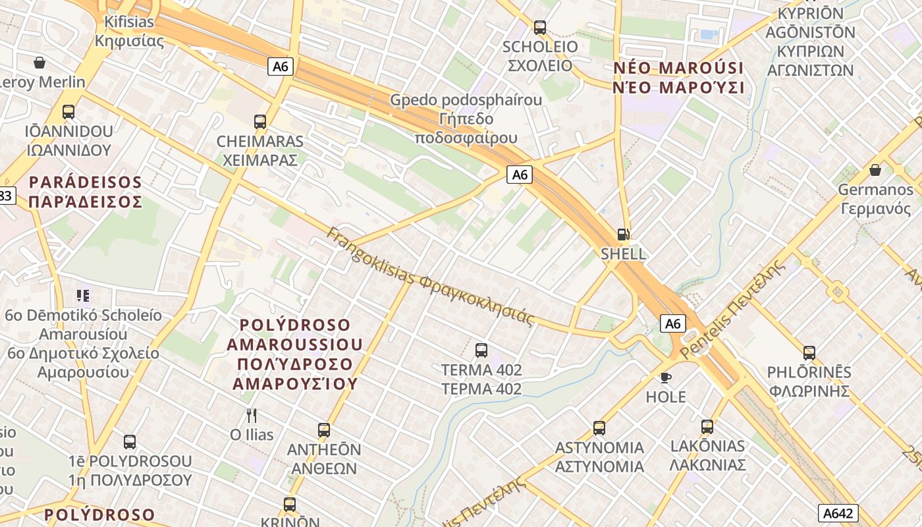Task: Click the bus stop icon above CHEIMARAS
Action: pyautogui.click(x=260, y=122)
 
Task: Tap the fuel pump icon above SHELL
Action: pyautogui.click(x=623, y=234)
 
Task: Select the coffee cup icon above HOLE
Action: pyautogui.click(x=666, y=377)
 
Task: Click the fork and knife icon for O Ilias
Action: pyautogui.click(x=251, y=415)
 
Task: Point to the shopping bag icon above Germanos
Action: pyautogui.click(x=875, y=170)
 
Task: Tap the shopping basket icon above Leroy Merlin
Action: pyautogui.click(x=40, y=63)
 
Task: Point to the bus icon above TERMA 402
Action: pyautogui.click(x=481, y=350)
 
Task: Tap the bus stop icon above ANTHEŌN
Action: pyautogui.click(x=324, y=430)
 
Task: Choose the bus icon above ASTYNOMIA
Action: pyautogui.click(x=599, y=428)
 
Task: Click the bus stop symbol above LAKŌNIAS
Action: pyautogui.click(x=707, y=427)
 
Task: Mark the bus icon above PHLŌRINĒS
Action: pyautogui.click(x=809, y=353)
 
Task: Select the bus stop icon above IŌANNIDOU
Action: pyautogui.click(x=68, y=112)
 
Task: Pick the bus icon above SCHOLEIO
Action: pyautogui.click(x=540, y=28)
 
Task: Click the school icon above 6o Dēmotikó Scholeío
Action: pyautogui.click(x=83, y=295)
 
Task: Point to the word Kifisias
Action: pyautogui.click(x=129, y=22)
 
